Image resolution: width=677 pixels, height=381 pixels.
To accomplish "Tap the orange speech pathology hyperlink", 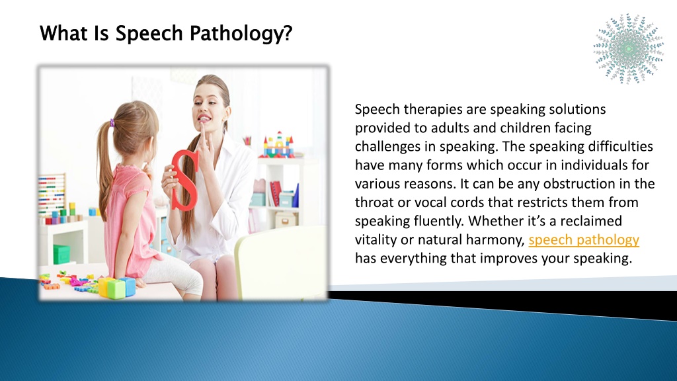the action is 584,240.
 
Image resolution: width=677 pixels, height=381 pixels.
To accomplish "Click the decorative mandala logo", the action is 628,48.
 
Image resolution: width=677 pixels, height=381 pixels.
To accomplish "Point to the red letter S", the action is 185,180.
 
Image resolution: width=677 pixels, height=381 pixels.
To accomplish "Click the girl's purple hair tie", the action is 112,124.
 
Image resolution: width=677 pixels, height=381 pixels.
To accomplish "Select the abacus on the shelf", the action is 52,194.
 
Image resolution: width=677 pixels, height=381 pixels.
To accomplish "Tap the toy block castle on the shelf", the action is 278,145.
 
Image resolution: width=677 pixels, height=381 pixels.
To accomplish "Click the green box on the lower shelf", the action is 61,254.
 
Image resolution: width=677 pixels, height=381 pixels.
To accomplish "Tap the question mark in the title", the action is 288,33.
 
